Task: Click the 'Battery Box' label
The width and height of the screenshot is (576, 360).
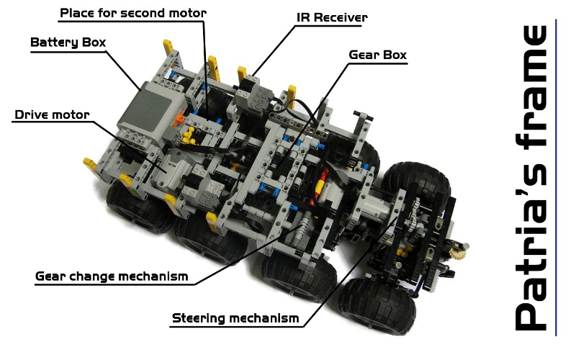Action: click(x=68, y=42)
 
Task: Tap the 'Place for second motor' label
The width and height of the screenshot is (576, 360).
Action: click(x=133, y=13)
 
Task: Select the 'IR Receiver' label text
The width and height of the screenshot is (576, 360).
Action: click(x=332, y=17)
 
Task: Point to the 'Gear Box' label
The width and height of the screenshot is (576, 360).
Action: click(x=377, y=55)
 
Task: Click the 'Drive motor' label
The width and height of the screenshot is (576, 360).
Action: click(x=52, y=114)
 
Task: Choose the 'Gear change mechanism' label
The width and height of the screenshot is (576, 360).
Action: click(x=112, y=276)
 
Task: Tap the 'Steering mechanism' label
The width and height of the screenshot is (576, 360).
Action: click(x=235, y=318)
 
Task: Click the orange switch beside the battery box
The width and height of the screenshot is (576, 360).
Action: click(x=179, y=119)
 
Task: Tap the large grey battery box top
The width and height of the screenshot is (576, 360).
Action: click(x=152, y=106)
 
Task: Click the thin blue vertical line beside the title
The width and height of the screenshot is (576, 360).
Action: click(x=556, y=177)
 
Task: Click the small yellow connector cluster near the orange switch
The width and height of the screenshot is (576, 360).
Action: click(x=189, y=135)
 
